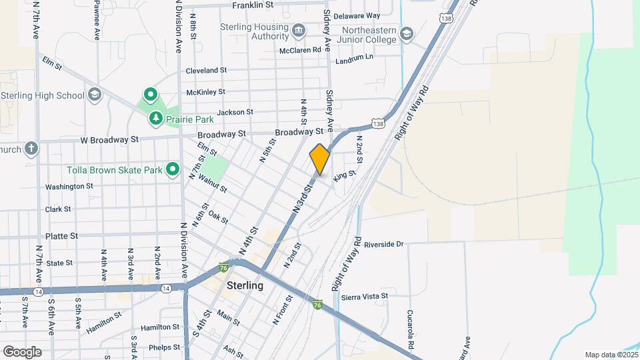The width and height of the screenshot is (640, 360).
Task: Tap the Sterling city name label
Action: pos(245,285)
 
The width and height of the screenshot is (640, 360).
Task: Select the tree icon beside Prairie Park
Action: pos(156,119)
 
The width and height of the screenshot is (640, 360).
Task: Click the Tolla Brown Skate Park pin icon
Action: pos(173,170)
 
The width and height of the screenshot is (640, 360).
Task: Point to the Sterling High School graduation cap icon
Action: pos(94,95)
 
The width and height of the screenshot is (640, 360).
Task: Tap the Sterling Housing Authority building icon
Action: pos(298,31)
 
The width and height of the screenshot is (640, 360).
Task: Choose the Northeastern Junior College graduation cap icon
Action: pos(406,34)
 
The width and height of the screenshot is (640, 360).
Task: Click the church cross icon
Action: pos(31,149)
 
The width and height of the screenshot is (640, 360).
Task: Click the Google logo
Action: pos(22,351)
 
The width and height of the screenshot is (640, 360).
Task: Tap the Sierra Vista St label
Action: pos(364,296)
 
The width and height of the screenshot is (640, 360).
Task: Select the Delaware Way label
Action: pos(356,15)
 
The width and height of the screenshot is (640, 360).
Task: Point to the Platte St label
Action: pos(61,236)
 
